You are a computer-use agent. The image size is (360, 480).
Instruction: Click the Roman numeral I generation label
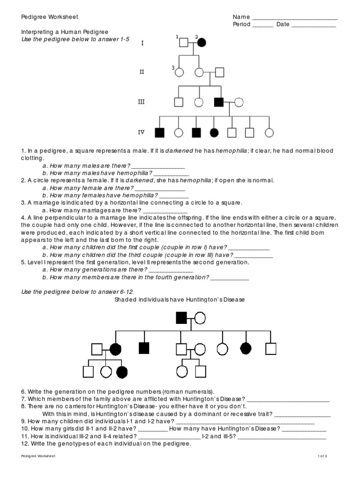click(142, 44)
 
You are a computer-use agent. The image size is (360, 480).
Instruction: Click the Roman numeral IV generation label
click(142, 132)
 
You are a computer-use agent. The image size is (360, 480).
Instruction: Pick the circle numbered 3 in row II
click(180, 73)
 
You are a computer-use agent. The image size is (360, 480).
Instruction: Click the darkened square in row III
click(219, 102)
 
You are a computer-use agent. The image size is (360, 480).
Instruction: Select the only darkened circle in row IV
click(215, 133)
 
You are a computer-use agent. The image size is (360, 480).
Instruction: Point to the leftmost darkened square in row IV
click(160, 133)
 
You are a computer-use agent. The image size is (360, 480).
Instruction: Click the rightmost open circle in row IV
click(269, 133)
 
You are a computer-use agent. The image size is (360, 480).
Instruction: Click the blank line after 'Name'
click(295, 17)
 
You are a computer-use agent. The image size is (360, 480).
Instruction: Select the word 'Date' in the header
click(283, 25)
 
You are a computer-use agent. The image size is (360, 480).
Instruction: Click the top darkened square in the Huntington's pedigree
click(181, 318)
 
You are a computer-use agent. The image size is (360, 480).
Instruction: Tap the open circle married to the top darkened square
click(200, 318)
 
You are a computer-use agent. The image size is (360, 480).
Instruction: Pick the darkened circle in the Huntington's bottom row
click(122, 372)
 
